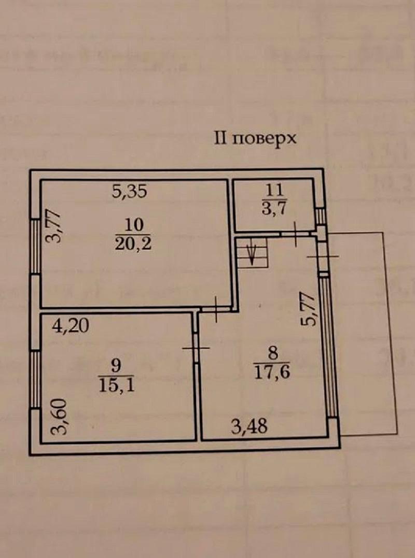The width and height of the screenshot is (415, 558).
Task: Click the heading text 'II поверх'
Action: pyautogui.click(x=256, y=139)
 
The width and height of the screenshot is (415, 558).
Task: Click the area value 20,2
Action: pyautogui.click(x=133, y=243)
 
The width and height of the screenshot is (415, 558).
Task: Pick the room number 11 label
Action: pyautogui.click(x=273, y=190)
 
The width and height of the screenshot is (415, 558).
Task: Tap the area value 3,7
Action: pyautogui.click(x=273, y=209)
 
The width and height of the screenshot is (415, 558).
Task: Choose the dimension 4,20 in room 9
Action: pyautogui.click(x=71, y=325)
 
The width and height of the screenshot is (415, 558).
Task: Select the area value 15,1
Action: pyautogui.click(x=116, y=385)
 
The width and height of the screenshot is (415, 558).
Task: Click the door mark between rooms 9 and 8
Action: pyautogui.click(x=196, y=348)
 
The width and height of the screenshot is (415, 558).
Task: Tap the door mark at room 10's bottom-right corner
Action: pyautogui.click(x=216, y=308)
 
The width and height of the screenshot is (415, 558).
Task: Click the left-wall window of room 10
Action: pyautogui.click(x=35, y=246)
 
